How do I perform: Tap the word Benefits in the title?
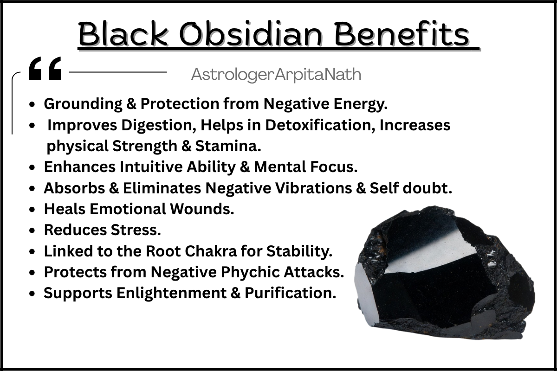point(402,33)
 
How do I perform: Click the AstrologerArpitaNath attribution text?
point(276,74)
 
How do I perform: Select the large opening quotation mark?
point(45,68)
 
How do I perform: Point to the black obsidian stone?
point(445,273)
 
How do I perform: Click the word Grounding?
point(83,103)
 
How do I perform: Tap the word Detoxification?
point(320,125)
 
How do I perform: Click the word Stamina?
point(228,146)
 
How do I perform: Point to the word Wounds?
point(202,209)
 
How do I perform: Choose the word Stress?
point(136,230)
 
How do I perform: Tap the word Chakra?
point(211,251)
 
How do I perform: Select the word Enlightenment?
point(172,293)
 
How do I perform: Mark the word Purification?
point(291,293)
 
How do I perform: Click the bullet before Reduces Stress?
point(32,230)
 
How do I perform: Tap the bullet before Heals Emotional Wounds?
point(32,209)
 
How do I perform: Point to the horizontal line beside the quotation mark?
point(118,72)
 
